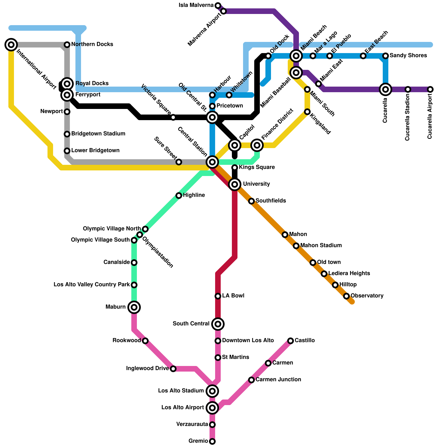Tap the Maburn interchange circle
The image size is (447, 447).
pyautogui.click(x=134, y=307)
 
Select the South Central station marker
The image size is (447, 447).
pyautogui.click(x=218, y=324)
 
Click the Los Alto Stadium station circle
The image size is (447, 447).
pyautogui.click(x=212, y=391)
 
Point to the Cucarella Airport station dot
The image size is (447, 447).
pyautogui.click(x=430, y=89)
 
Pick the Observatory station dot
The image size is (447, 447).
pyautogui.click(x=346, y=296)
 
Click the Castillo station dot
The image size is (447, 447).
pyautogui.click(x=291, y=341)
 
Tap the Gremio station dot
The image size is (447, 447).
pyautogui.click(x=212, y=441)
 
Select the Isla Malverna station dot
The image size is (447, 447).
pyautogui.click(x=218, y=6)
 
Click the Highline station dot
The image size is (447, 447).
pyautogui.click(x=179, y=196)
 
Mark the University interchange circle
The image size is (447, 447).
pyautogui.click(x=235, y=184)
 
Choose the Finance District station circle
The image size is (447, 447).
pyautogui.click(x=257, y=145)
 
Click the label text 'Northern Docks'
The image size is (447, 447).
pyautogui.click(x=92, y=44)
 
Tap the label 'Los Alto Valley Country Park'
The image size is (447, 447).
pyautogui.click(x=92, y=285)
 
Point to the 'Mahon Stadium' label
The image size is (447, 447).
pyautogui.click(x=321, y=246)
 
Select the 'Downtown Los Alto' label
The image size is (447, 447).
pyautogui.click(x=248, y=341)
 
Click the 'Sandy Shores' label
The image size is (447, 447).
pyautogui.click(x=408, y=56)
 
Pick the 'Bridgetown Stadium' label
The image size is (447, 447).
pyautogui.click(x=98, y=134)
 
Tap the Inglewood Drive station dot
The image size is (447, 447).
pyautogui.click(x=173, y=369)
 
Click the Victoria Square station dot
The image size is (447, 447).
pyautogui.click(x=173, y=117)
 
